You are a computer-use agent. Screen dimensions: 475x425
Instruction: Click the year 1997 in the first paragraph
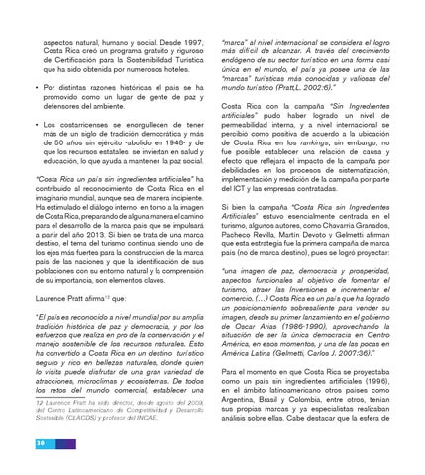190,47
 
